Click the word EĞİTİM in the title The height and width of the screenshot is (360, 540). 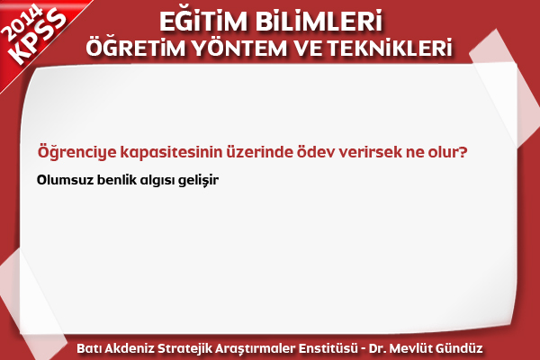203,21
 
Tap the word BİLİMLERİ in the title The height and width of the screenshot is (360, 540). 319,21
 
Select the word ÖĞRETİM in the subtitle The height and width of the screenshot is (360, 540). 136,47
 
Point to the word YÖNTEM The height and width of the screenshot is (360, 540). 239,49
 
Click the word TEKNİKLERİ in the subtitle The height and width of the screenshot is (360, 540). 389,49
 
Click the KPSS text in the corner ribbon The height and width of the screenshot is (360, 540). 39,37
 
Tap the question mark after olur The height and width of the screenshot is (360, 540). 463,151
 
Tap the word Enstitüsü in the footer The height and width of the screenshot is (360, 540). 328,348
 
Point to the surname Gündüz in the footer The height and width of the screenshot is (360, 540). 459,348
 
